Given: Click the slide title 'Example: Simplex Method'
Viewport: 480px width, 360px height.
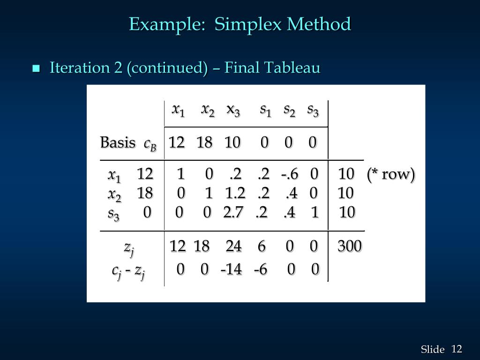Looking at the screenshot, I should click(x=240, y=24).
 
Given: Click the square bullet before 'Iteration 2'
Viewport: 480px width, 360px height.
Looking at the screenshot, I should click(x=36, y=69).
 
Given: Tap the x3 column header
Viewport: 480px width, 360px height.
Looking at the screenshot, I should click(x=233, y=110).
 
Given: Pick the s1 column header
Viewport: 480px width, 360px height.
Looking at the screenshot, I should click(x=266, y=110).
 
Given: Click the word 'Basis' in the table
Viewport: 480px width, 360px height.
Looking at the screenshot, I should click(x=118, y=142).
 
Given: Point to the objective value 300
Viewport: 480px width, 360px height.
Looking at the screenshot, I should click(x=349, y=246).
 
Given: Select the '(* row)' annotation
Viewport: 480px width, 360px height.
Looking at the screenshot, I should click(x=391, y=174).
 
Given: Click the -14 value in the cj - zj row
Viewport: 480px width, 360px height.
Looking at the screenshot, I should click(x=231, y=269).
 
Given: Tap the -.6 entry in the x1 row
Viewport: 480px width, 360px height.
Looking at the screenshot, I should click(x=290, y=174).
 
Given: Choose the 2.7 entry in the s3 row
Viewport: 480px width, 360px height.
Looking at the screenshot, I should click(x=233, y=212).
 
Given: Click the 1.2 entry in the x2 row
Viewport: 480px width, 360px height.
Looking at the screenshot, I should click(x=235, y=193).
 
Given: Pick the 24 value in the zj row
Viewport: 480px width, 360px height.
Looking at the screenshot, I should click(x=233, y=246).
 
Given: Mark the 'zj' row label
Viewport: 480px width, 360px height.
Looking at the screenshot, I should click(x=129, y=247).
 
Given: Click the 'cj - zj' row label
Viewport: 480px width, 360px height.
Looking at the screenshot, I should click(x=128, y=270).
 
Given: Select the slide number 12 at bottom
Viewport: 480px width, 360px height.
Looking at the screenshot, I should click(x=457, y=349).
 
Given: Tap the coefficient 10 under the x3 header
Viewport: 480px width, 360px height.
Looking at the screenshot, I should click(x=232, y=142).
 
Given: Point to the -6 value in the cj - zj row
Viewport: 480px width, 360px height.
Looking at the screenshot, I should click(x=261, y=269).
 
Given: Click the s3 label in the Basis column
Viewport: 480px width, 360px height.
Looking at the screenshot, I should click(x=113, y=213).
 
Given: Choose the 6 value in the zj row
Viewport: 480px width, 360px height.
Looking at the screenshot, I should click(x=262, y=246).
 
